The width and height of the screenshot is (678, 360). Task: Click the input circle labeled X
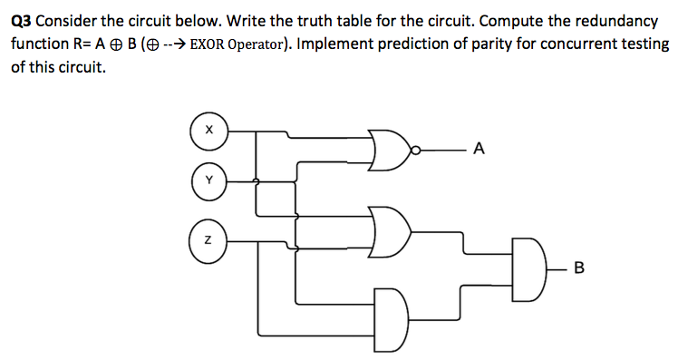208,130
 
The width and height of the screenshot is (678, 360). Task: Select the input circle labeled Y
208,180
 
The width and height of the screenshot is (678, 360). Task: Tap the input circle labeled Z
208,240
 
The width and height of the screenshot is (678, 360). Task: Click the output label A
479,149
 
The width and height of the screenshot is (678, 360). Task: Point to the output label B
580,268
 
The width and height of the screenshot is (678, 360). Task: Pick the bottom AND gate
392,309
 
